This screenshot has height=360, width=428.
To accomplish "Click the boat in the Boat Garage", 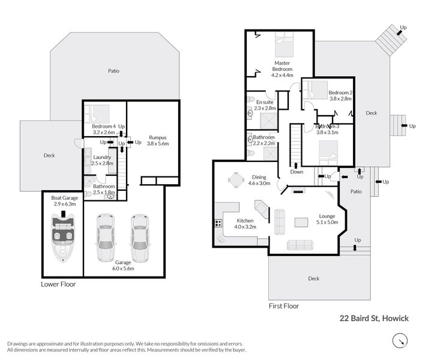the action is (x=63, y=236).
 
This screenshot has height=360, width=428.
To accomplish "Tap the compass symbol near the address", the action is (x=400, y=341).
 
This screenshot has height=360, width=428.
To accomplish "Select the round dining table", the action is (x=236, y=180).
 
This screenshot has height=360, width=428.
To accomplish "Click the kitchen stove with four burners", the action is (x=218, y=223).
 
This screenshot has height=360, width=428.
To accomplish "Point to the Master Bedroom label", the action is (x=282, y=66).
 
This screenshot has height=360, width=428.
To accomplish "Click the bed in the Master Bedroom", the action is (x=284, y=44).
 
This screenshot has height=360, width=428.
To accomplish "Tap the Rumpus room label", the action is (x=158, y=137).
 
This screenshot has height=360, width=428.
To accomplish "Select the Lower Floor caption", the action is (x=58, y=284).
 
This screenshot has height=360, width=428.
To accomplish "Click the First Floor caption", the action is (x=284, y=306).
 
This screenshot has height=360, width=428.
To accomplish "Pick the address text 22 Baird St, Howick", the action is (x=374, y=318).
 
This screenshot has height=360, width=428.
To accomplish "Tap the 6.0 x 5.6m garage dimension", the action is (x=123, y=268).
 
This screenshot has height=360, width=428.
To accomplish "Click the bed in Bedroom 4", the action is (x=97, y=113).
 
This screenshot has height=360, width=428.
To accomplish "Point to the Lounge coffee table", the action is (x=301, y=222).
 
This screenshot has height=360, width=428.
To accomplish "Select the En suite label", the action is (x=265, y=102).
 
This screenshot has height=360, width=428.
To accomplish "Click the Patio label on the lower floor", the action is (x=113, y=71).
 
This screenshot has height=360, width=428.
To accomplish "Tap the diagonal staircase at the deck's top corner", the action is (x=391, y=40).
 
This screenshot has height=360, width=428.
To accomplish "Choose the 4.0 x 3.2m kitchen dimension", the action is (x=245, y=227).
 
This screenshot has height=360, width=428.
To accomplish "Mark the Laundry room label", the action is (x=102, y=157).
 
